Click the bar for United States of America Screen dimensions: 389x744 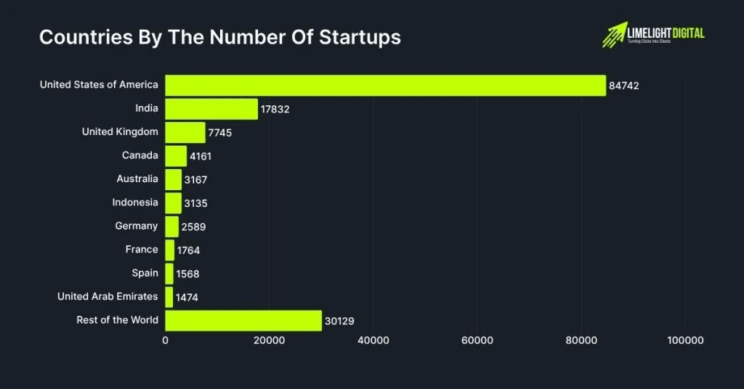pos(385,86)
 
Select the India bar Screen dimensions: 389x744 pos(211,109)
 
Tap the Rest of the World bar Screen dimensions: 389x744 pos(243,321)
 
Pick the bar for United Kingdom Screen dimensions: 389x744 pos(185,132)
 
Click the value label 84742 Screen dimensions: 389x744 pos(624,86)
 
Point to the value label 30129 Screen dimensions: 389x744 pos(339,321)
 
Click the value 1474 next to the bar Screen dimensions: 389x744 pos(187,298)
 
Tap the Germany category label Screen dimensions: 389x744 pos(136,226)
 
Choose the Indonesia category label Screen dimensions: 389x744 pos(134,202)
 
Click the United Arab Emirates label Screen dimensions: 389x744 pos(108,296)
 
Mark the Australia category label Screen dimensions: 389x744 pos(137,179)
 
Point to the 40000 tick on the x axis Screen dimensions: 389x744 pos(373,340)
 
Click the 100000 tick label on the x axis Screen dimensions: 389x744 pos(685,340)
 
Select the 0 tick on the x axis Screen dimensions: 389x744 pos(166,340)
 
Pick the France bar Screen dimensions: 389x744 pos(170,250)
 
